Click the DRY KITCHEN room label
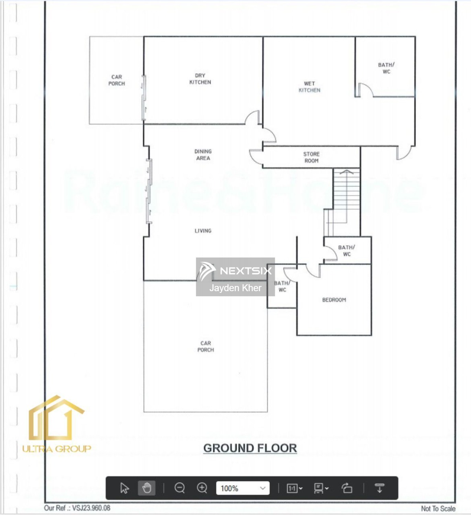[200, 79]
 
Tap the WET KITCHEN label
[310, 87]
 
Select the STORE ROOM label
[311, 157]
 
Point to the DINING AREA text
[203, 155]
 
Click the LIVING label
[203, 231]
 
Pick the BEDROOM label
[334, 300]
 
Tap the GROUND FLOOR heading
[250, 448]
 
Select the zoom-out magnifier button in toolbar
[180, 488]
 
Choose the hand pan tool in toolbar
[147, 488]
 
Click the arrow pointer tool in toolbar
[125, 488]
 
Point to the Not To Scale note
[438, 508]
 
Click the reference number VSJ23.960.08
[91, 508]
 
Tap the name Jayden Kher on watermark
[235, 288]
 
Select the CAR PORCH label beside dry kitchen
[117, 80]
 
